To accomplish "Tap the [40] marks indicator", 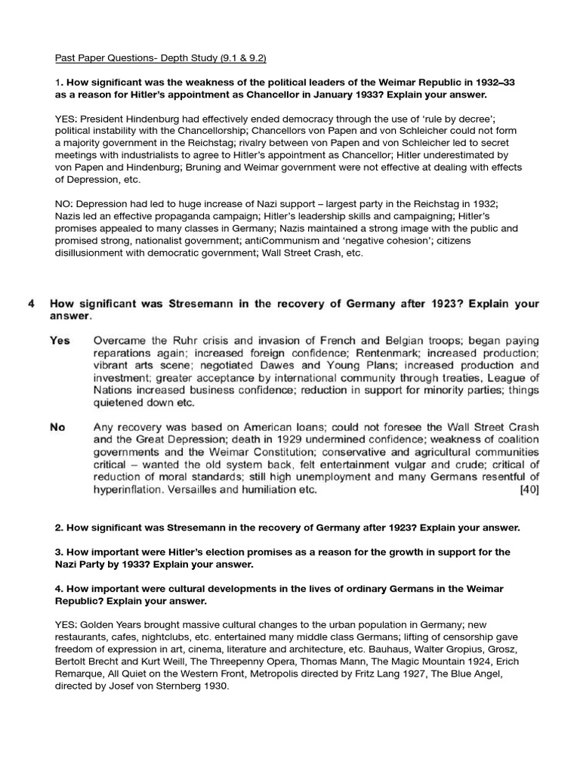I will coord(529,489).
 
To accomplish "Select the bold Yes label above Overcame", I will coord(60,340).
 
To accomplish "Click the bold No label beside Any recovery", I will coord(57,427).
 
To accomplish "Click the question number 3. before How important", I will coord(59,552).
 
